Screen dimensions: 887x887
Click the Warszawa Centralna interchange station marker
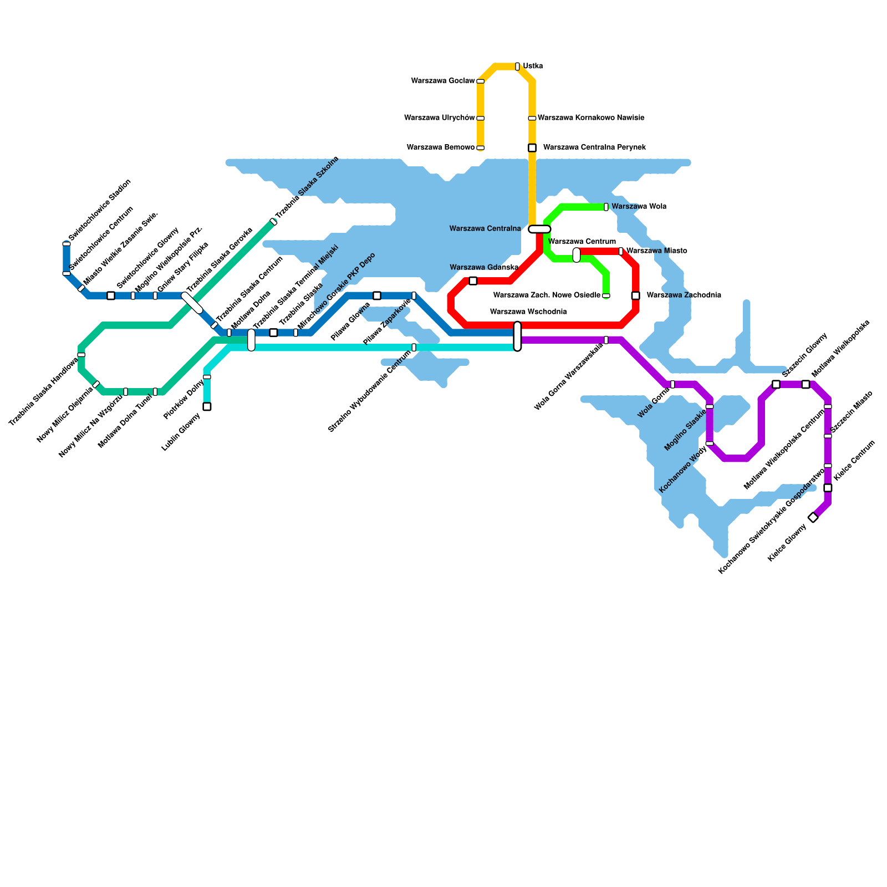click(x=539, y=229)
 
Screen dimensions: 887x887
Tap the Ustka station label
click(x=533, y=67)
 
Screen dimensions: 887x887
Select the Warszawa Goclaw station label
click(x=443, y=81)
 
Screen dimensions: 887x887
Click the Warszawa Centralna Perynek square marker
click(x=532, y=147)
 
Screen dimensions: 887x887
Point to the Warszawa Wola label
click(x=639, y=207)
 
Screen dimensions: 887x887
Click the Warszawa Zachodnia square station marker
click(x=636, y=295)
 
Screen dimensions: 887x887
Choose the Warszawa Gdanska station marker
click(x=473, y=281)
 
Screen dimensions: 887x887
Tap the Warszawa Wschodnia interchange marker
click(x=517, y=337)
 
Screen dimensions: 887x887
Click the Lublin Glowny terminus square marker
click(x=207, y=406)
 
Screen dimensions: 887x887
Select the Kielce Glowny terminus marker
click(x=813, y=517)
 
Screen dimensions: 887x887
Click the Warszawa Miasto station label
click(x=656, y=251)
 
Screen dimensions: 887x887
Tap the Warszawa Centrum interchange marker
click(x=577, y=255)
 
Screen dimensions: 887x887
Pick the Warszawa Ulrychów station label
click(x=440, y=118)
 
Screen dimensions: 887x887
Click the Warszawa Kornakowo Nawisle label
click(x=591, y=118)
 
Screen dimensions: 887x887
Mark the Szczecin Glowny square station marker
click(x=776, y=384)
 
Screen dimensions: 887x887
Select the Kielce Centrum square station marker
click(x=828, y=488)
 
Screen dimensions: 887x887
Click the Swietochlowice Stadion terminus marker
click(x=67, y=244)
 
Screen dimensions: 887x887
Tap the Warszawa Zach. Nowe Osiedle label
click(x=547, y=295)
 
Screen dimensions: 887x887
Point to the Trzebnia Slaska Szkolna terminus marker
click(x=273, y=222)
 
